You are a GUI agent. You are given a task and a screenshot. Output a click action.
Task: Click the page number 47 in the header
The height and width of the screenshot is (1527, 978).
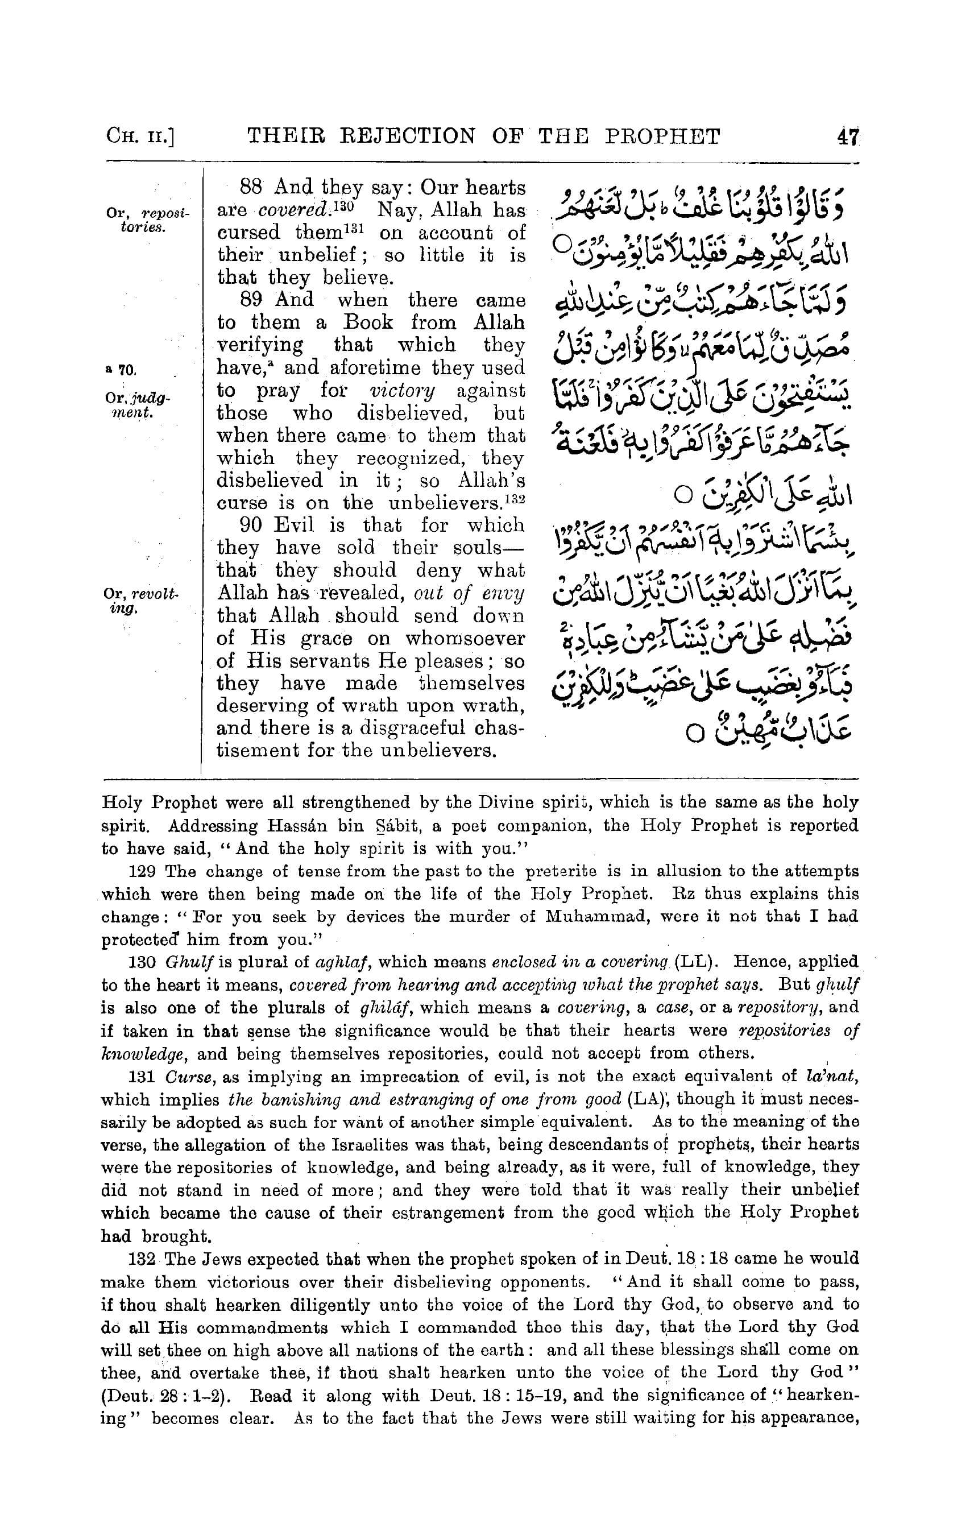[848, 136]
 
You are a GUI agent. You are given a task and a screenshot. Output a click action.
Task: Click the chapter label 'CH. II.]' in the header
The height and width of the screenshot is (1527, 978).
[142, 137]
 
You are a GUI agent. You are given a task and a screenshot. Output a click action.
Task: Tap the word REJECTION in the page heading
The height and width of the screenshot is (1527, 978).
[415, 136]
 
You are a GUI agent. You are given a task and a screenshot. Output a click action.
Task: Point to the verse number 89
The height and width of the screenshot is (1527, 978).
[251, 299]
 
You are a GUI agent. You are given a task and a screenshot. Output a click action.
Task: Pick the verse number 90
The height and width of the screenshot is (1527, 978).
[251, 525]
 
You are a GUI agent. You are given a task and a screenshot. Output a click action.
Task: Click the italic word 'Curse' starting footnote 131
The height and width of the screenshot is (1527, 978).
[183, 1077]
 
